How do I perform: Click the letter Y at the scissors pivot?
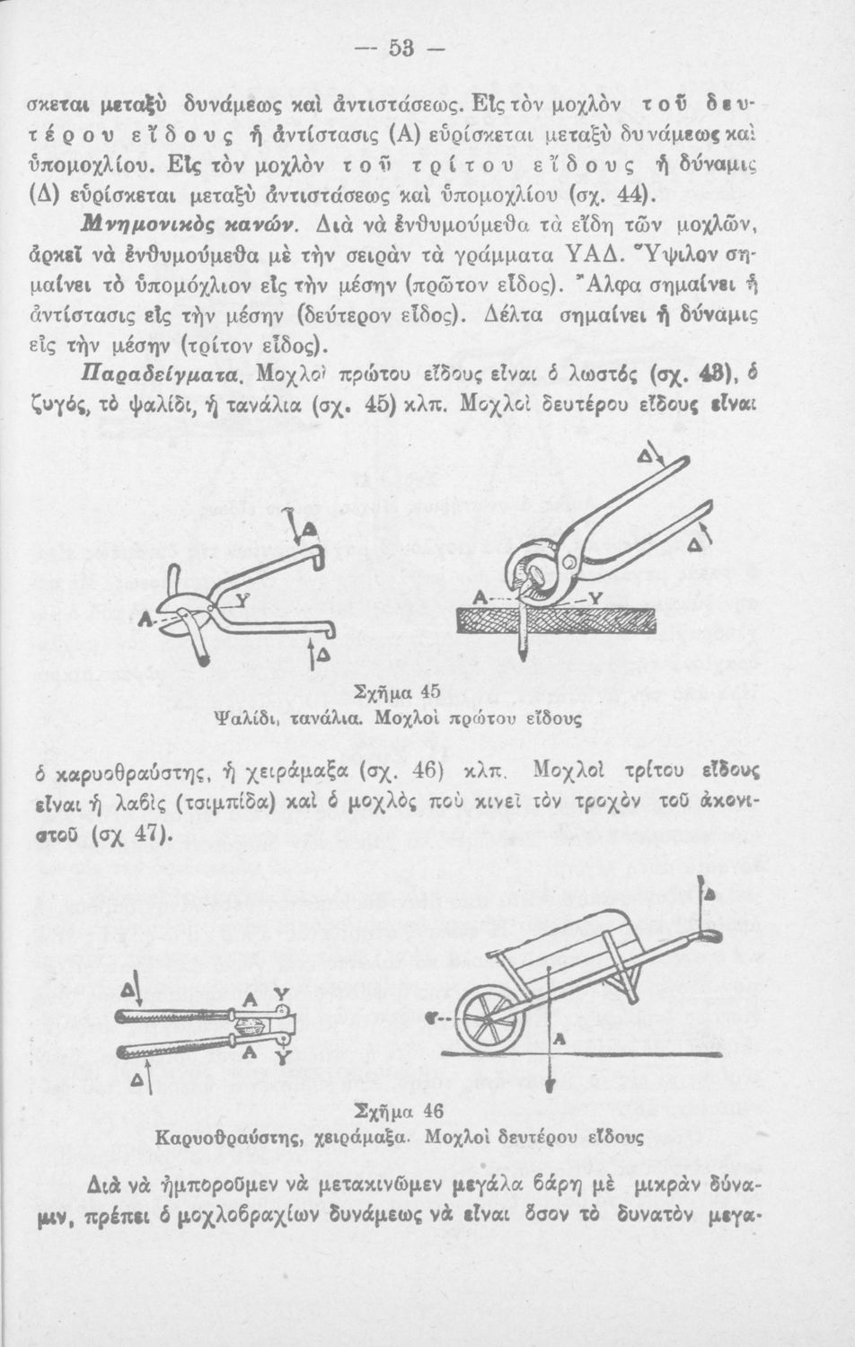tap(218, 601)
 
